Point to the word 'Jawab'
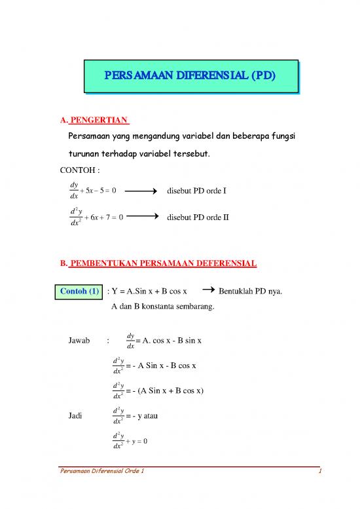click(79, 341)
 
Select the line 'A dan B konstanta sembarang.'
click(168, 305)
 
